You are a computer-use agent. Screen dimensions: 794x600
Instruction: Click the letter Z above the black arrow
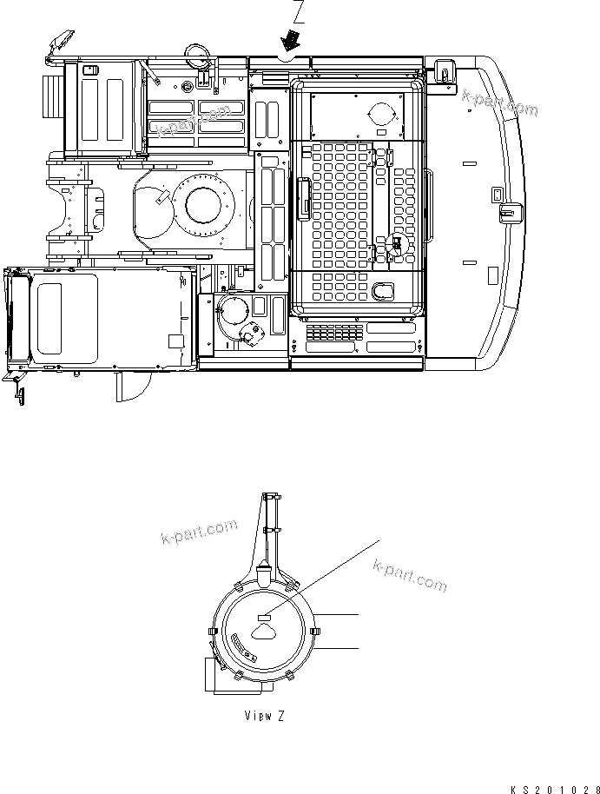(x=300, y=11)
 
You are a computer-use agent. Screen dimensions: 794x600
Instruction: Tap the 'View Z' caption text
(x=263, y=716)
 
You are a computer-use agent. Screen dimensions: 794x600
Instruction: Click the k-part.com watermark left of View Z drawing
(x=198, y=532)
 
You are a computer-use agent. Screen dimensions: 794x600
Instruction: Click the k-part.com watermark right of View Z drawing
(x=409, y=576)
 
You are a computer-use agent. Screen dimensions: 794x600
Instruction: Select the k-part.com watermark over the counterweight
(x=499, y=103)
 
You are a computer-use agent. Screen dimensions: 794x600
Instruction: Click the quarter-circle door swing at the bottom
(x=129, y=388)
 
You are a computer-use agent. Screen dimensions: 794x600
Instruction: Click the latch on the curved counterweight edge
(x=509, y=210)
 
